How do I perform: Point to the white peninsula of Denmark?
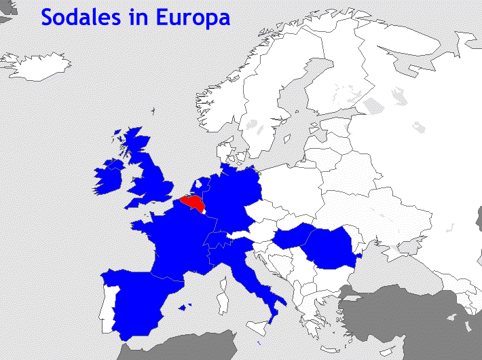tap(224, 153)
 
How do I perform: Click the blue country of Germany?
tap(234, 197)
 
